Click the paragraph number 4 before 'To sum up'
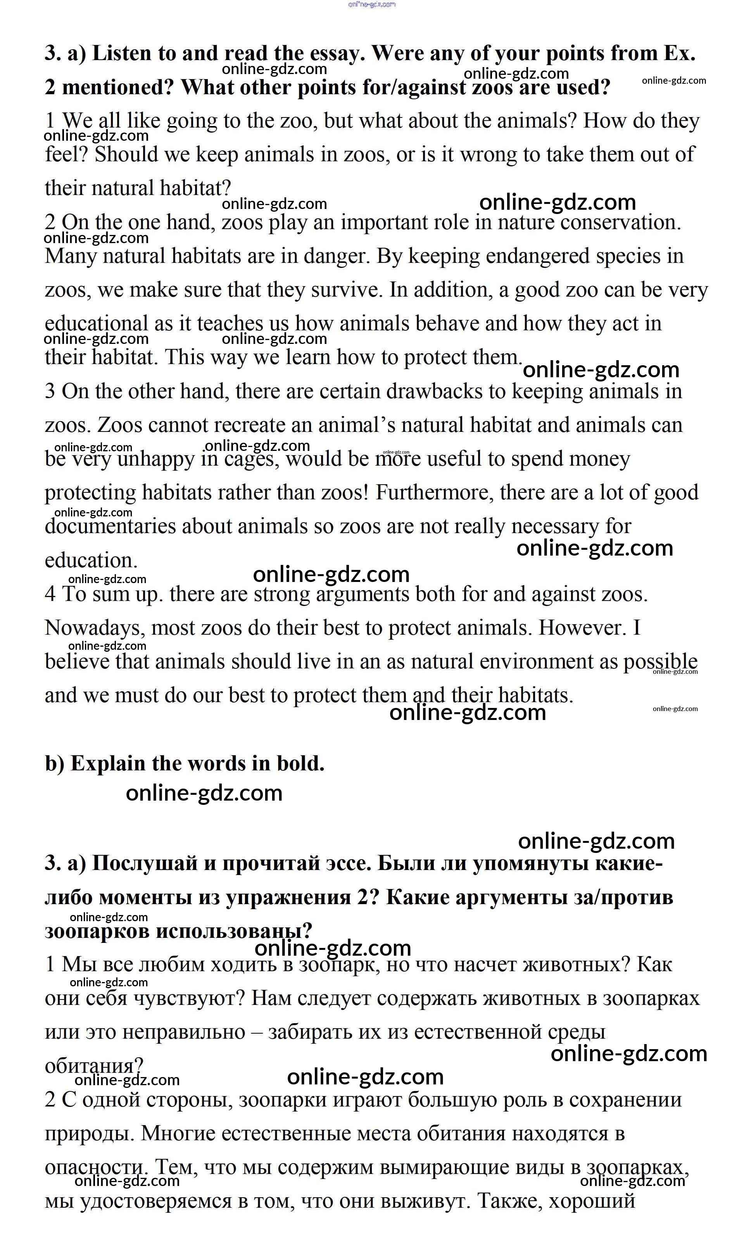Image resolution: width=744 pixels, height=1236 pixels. (x=50, y=594)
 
